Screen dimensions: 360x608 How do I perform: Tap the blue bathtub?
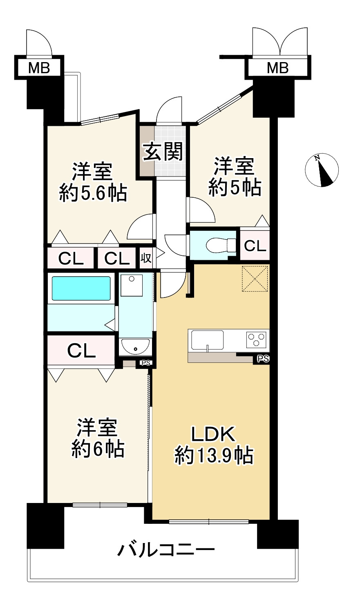[x=81, y=288]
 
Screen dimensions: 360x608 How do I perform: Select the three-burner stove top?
[x=256, y=340]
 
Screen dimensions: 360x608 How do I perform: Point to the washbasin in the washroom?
[x=136, y=346]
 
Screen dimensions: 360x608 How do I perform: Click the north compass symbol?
[x=322, y=170]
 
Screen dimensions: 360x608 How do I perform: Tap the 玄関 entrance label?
[x=163, y=152]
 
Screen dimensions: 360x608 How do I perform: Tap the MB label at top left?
[x=39, y=68]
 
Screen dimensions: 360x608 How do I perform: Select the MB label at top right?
[x=277, y=68]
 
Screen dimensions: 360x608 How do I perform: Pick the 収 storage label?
[x=146, y=258]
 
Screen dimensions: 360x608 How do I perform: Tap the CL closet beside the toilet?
[x=255, y=245]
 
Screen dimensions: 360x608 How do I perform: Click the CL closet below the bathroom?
[x=81, y=351]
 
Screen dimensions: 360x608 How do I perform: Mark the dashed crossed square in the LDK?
[x=255, y=279]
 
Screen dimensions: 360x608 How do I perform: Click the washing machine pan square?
[x=132, y=285]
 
